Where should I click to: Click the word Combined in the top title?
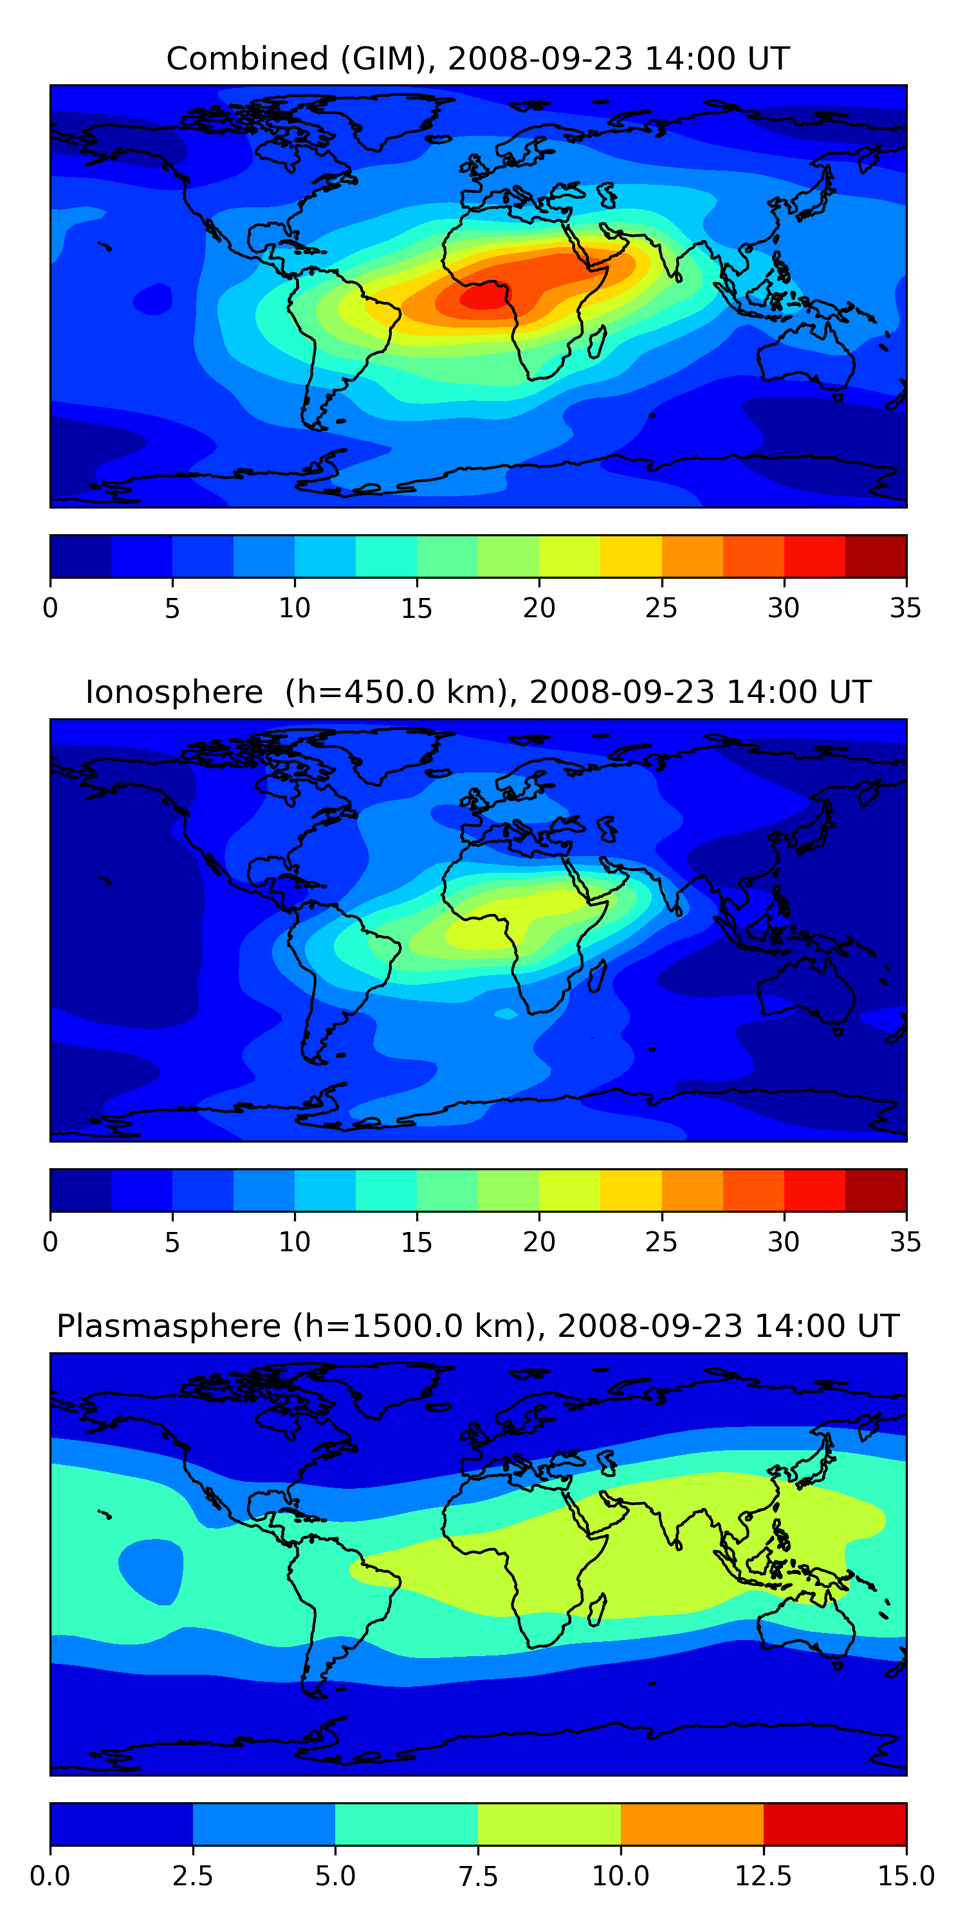click(x=247, y=59)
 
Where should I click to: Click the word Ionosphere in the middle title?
click(x=174, y=692)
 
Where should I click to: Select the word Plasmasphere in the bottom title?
click(x=169, y=1327)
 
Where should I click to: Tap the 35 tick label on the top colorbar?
click(x=905, y=608)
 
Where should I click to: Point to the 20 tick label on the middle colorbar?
click(x=538, y=1242)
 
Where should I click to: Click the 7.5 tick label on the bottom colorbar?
click(x=478, y=1876)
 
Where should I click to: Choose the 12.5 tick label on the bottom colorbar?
click(x=763, y=1876)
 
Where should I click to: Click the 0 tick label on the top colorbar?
click(x=50, y=608)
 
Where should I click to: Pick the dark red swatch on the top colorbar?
click(x=876, y=556)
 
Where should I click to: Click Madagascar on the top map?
click(x=598, y=342)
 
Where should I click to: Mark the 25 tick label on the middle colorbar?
click(x=661, y=1242)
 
